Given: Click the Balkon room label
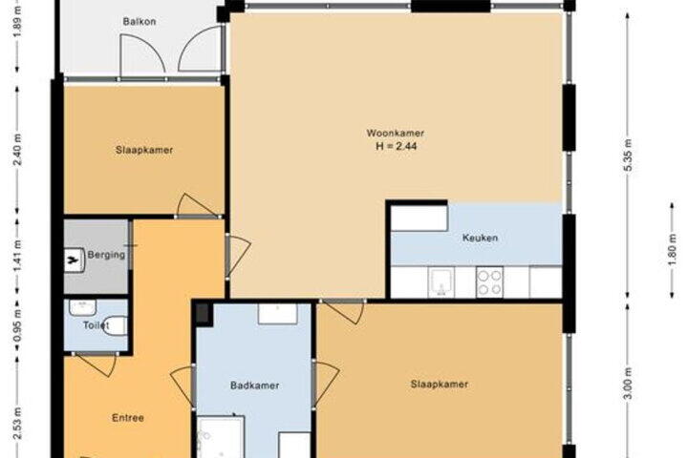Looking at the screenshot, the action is pyautogui.click(x=140, y=22).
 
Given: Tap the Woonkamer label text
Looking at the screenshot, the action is pyautogui.click(x=396, y=134).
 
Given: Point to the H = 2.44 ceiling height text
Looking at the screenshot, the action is pyautogui.click(x=397, y=146).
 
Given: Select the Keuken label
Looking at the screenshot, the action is pyautogui.click(x=480, y=238).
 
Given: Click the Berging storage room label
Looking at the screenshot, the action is pyautogui.click(x=106, y=255).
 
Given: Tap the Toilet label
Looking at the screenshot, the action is pyautogui.click(x=96, y=325).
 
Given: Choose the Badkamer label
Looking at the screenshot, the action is pyautogui.click(x=254, y=385).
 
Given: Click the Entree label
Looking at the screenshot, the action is pyautogui.click(x=128, y=418).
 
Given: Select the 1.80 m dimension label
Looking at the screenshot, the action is pyautogui.click(x=672, y=250).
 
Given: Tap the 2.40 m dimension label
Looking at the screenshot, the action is pyautogui.click(x=17, y=150).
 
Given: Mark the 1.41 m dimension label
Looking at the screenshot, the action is pyautogui.click(x=17, y=256).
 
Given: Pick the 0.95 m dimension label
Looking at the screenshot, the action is pyautogui.click(x=17, y=325).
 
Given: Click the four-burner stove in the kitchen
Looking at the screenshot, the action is pyautogui.click(x=489, y=282).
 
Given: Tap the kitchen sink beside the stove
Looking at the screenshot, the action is pyautogui.click(x=441, y=282).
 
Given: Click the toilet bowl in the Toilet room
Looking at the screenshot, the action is pyautogui.click(x=115, y=325).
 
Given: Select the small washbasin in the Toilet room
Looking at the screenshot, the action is pyautogui.click(x=83, y=307).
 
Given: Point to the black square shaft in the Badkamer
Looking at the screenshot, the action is pyautogui.click(x=203, y=314).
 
